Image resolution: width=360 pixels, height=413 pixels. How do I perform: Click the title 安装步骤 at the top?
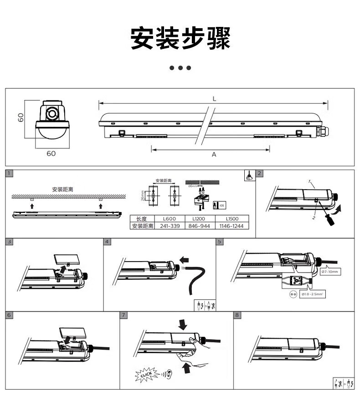pyautogui.click(x=180, y=38)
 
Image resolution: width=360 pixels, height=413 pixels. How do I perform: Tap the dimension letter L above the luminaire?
pyautogui.click(x=214, y=99)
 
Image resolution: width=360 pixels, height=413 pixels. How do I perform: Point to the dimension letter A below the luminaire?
pyautogui.click(x=214, y=155)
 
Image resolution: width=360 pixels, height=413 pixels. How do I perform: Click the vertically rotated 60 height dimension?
pyautogui.click(x=21, y=117)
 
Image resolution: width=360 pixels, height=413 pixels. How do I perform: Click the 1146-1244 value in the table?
pyautogui.click(x=232, y=226)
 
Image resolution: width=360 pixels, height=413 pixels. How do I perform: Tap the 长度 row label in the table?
pyautogui.click(x=141, y=219)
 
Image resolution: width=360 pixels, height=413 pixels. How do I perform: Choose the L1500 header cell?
pyautogui.click(x=232, y=219)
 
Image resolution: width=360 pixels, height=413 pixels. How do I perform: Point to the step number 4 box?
pyautogui.click(x=107, y=242)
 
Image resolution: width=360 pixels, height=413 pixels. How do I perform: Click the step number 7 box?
pyautogui.click(x=123, y=315)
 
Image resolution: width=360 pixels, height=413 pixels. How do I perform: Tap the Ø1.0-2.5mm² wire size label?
pyautogui.click(x=313, y=295)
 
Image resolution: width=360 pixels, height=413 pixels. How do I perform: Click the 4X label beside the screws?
pyautogui.click(x=222, y=206)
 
